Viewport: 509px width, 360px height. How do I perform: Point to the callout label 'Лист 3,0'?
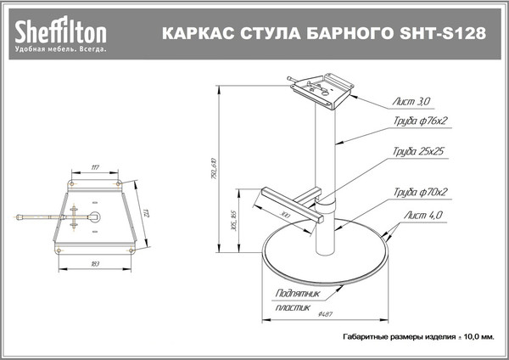(412, 101)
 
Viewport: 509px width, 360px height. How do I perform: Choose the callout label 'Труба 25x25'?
(419, 152)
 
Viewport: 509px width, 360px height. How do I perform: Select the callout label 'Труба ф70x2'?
(419, 193)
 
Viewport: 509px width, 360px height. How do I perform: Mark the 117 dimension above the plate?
(95, 167)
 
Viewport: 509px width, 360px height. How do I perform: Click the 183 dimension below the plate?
(95, 266)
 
